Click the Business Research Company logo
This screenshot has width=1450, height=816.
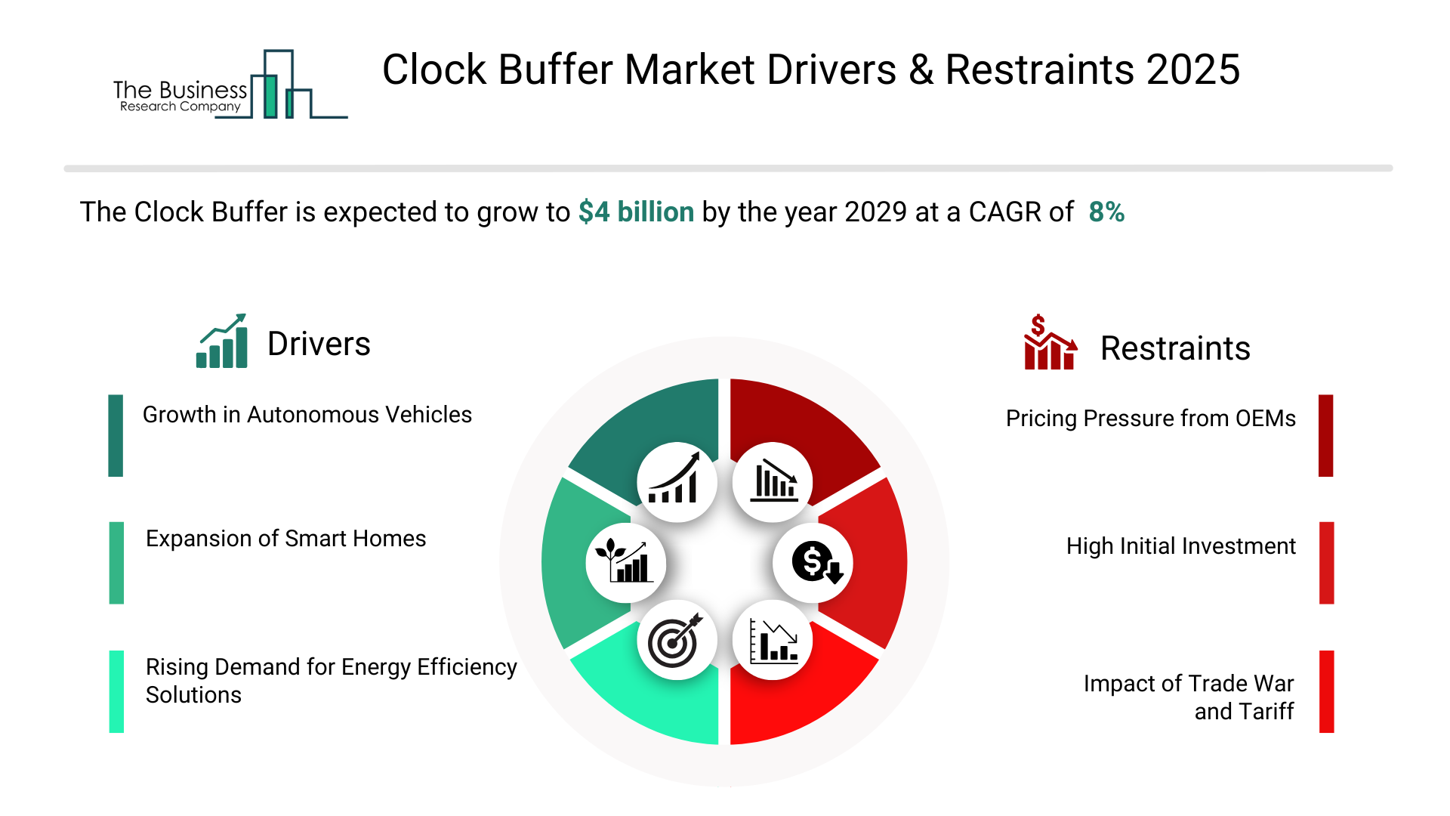point(230,85)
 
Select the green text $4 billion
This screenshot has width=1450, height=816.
point(636,212)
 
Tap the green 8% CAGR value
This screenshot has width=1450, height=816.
point(1106,212)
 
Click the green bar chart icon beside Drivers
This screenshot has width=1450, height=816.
point(222,341)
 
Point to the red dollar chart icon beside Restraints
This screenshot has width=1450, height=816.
point(1050,342)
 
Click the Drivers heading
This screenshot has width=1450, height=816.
point(319,344)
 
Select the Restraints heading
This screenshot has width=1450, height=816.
point(1175,348)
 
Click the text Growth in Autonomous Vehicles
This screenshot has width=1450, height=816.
point(307,415)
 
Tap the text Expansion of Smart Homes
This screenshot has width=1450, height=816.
point(286,539)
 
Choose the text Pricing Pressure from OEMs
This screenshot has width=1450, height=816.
point(1151,419)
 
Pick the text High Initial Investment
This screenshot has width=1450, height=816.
point(1181,546)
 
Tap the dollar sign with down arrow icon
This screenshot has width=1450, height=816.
point(814,563)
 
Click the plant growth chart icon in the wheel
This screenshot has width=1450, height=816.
point(625,561)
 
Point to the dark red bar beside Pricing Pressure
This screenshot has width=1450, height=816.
point(1326,435)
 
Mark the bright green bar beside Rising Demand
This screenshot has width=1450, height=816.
point(116,691)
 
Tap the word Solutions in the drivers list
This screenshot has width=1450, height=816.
point(193,695)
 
